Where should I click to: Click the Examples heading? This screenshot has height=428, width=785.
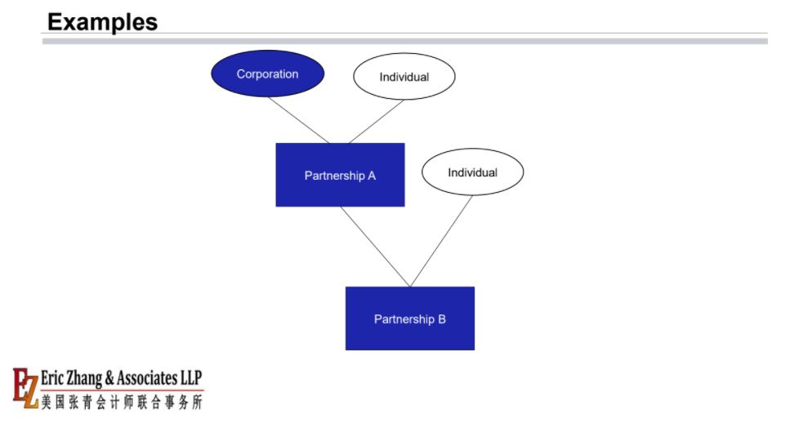click(103, 22)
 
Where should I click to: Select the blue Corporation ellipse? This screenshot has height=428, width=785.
click(268, 74)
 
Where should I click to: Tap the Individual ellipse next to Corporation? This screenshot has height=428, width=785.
click(404, 77)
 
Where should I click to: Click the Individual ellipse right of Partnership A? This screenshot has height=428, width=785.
click(473, 172)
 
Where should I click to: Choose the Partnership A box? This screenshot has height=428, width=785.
click(340, 175)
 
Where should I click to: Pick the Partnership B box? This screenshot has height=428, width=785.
click(410, 319)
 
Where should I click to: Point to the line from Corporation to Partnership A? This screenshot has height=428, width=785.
click(299, 120)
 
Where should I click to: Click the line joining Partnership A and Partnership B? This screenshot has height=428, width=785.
click(375, 247)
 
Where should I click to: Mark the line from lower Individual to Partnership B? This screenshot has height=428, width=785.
click(441, 241)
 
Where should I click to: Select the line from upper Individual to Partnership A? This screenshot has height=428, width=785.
click(377, 122)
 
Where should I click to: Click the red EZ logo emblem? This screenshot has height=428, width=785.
click(25, 387)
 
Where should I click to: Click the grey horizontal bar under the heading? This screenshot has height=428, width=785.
click(404, 41)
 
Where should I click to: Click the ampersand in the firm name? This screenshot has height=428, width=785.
click(109, 378)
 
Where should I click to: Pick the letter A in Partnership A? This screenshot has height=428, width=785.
click(372, 176)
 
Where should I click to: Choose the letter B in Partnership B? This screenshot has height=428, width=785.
click(442, 319)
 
